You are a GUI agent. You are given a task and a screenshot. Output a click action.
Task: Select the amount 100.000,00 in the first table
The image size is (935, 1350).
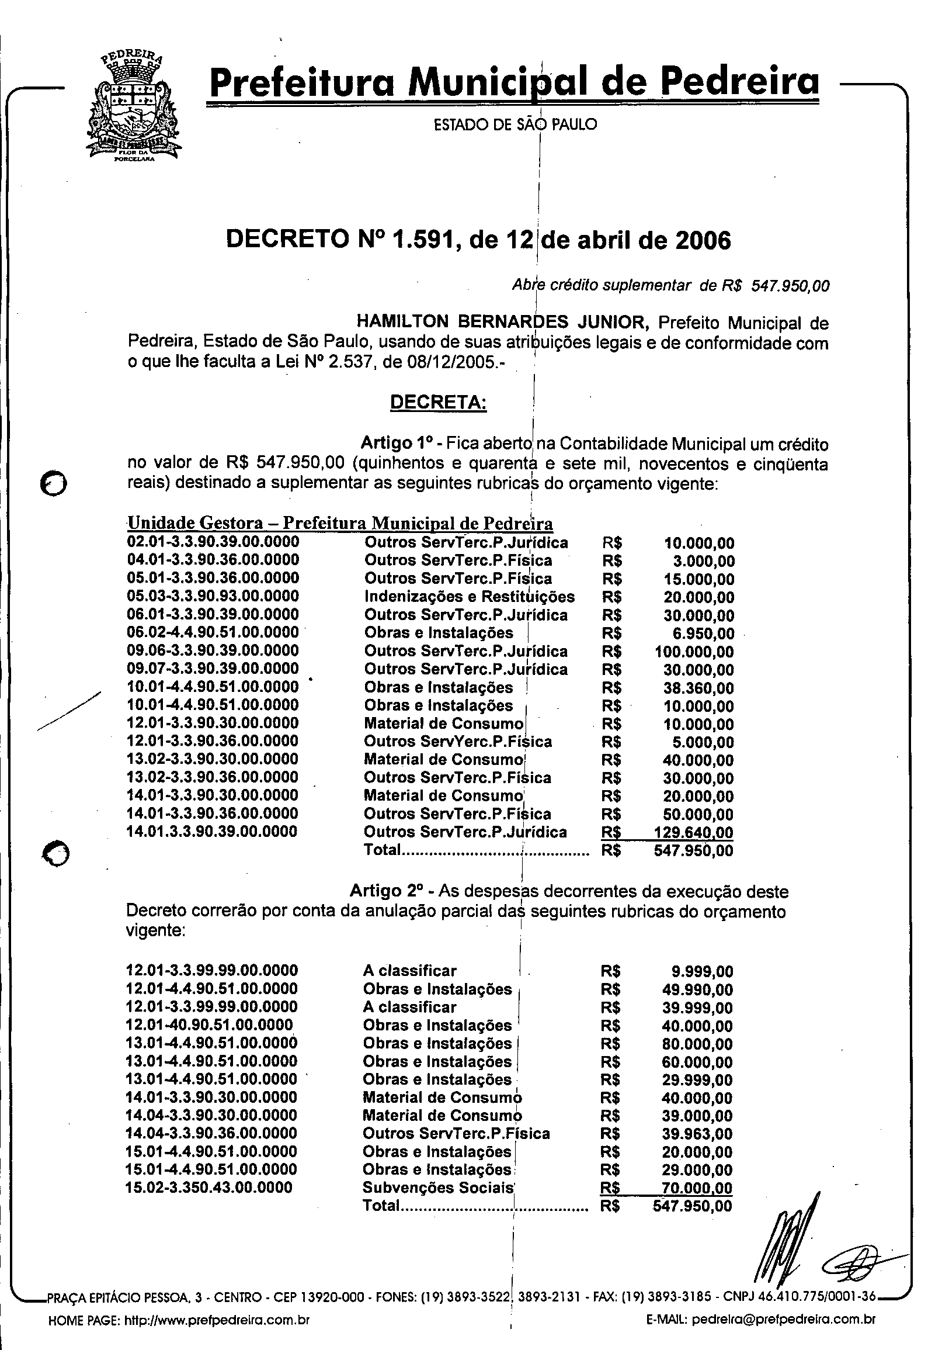(x=694, y=652)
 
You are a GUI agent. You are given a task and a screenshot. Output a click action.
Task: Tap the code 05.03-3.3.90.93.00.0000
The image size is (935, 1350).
(x=213, y=596)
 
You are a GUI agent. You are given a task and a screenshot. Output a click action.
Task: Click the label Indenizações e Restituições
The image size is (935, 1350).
(x=470, y=597)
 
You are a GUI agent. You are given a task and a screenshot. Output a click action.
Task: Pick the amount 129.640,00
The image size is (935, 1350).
(x=694, y=832)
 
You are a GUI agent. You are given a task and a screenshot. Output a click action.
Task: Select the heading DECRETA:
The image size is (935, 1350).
(x=438, y=403)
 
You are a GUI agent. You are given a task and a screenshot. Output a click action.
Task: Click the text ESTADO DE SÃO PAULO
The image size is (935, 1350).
(x=515, y=124)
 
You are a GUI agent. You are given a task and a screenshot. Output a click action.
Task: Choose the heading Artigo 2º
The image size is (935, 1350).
(x=386, y=892)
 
